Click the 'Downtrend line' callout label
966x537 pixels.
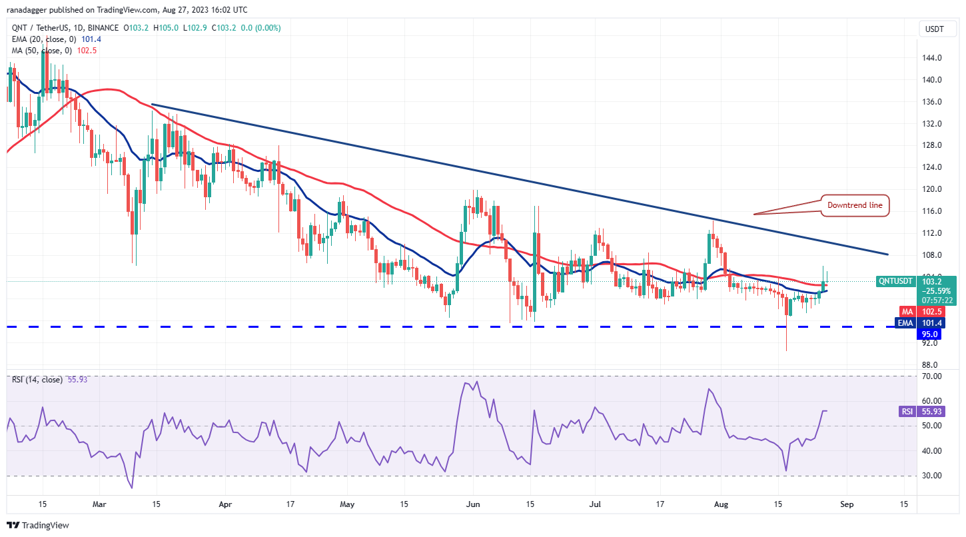[x=855, y=205]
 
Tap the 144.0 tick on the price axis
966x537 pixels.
[x=931, y=58]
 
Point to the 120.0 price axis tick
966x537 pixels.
[x=931, y=189]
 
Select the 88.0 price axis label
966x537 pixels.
[x=931, y=365]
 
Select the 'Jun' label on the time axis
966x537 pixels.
[x=473, y=505]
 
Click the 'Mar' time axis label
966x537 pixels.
[x=101, y=505]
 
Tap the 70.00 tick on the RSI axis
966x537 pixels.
[x=931, y=376]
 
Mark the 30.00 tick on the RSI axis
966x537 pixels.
[x=931, y=476]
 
